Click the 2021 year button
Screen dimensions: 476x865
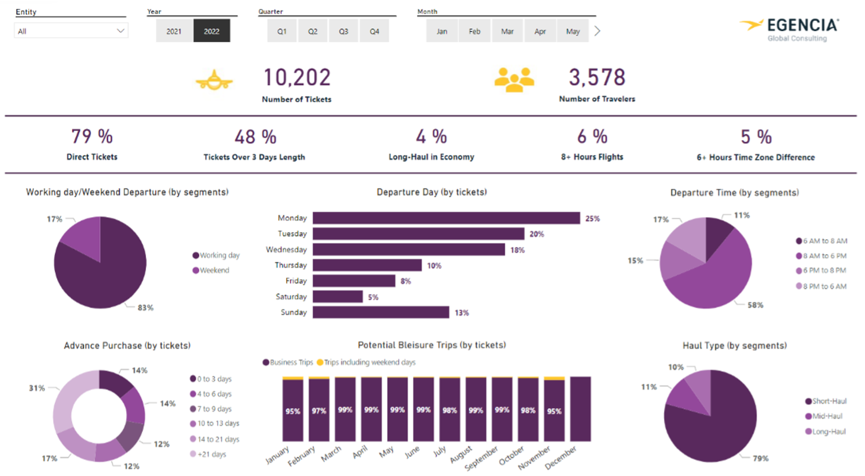pyautogui.click(x=174, y=32)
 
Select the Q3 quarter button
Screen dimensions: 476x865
pyautogui.click(x=343, y=32)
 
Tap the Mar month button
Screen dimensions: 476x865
pyautogui.click(x=507, y=32)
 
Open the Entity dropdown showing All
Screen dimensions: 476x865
pyautogui.click(x=71, y=31)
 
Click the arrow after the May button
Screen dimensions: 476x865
pyautogui.click(x=597, y=32)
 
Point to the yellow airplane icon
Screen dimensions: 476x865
pyautogui.click(x=214, y=80)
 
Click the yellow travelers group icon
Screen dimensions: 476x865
pyautogui.click(x=515, y=80)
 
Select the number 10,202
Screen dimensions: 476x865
pyautogui.click(x=297, y=78)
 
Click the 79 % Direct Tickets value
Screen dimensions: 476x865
pyautogui.click(x=92, y=137)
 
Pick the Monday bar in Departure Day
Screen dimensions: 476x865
pyautogui.click(x=446, y=218)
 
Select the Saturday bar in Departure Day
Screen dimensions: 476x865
pyautogui.click(x=337, y=296)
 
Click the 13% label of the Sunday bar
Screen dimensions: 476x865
pyautogui.click(x=462, y=312)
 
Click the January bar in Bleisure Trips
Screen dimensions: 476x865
pyautogui.click(x=292, y=410)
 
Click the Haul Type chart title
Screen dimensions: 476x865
pyautogui.click(x=734, y=346)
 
